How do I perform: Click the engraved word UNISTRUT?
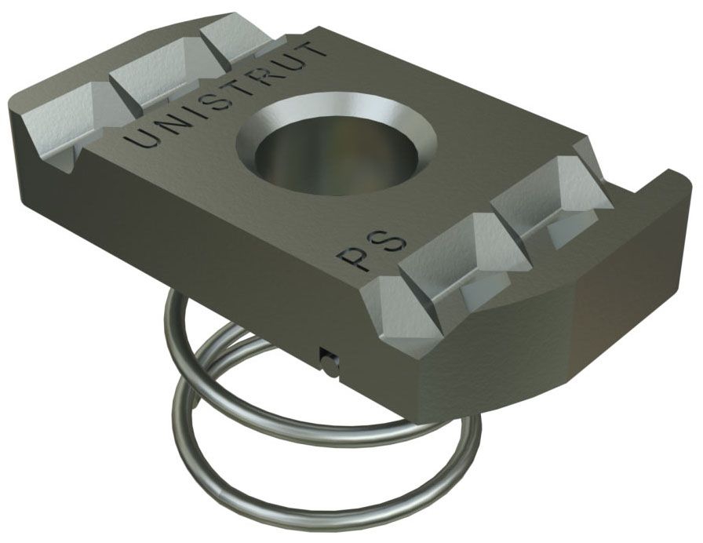228,93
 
